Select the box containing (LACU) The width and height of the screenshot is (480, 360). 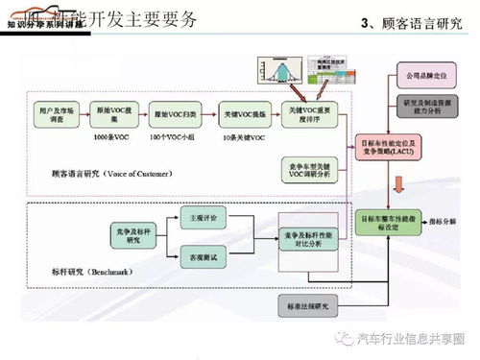click(393, 147)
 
